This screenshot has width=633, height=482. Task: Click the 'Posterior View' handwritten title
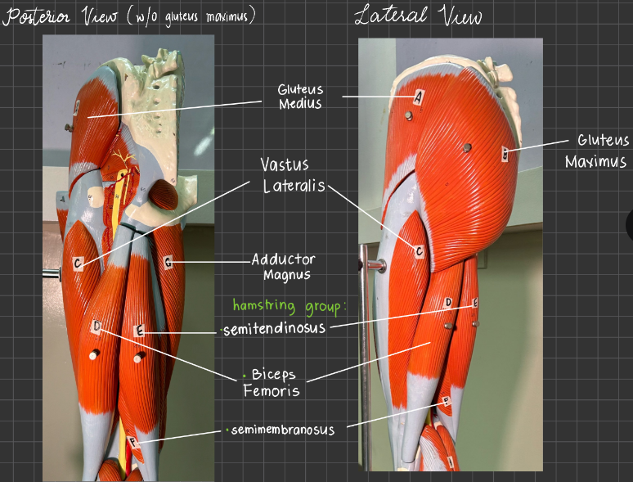(x=61, y=17)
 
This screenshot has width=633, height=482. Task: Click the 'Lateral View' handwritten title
(x=418, y=16)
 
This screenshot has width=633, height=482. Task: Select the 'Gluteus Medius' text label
(x=300, y=97)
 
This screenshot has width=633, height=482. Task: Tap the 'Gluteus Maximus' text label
(x=597, y=151)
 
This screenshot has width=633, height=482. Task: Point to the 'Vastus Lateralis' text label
(x=293, y=175)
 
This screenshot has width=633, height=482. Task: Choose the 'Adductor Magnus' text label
(x=284, y=267)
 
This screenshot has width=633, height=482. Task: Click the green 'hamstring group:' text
(x=290, y=306)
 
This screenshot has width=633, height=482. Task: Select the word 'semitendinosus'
(x=274, y=328)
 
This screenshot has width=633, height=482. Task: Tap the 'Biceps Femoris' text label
(x=272, y=382)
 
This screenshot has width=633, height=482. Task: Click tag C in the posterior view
(x=78, y=264)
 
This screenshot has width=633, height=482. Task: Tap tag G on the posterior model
(x=168, y=263)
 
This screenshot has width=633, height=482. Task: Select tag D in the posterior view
(x=97, y=326)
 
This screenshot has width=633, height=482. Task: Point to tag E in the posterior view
(x=139, y=331)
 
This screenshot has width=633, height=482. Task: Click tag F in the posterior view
(x=132, y=443)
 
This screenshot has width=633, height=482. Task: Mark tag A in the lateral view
(x=419, y=97)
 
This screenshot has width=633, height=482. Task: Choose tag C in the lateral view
(x=420, y=252)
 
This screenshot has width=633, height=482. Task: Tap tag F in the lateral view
(x=446, y=400)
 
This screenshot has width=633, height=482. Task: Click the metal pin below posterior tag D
(x=94, y=354)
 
